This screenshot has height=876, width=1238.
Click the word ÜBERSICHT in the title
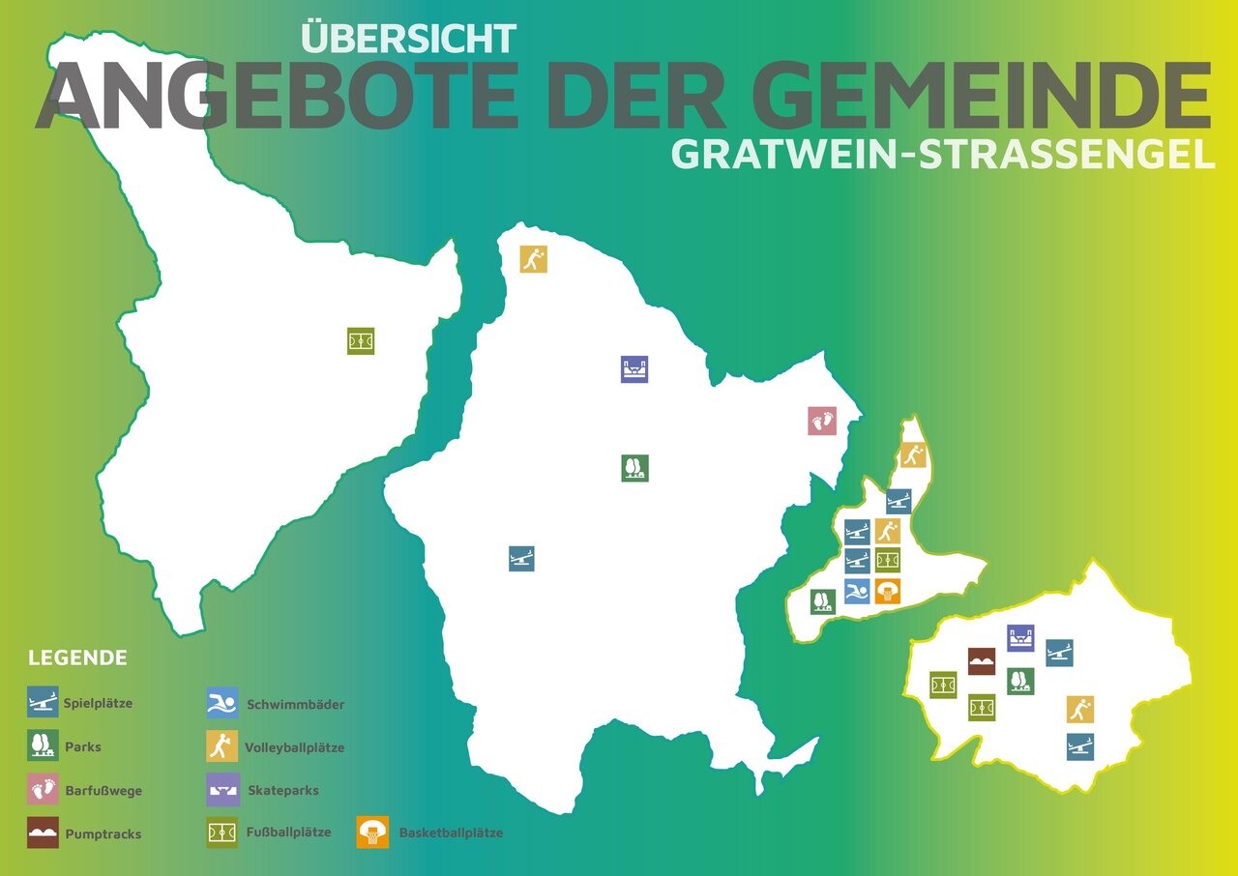click(x=408, y=39)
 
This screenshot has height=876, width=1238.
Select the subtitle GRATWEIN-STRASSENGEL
click(x=943, y=156)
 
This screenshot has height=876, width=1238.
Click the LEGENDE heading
click(x=77, y=658)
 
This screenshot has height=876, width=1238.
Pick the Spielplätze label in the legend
click(x=98, y=703)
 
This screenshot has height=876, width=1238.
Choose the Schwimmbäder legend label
click(x=295, y=704)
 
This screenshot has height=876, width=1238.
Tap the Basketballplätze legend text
click(x=451, y=832)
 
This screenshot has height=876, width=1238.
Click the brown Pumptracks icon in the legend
click(x=43, y=832)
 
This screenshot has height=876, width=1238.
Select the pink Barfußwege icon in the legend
click(x=43, y=790)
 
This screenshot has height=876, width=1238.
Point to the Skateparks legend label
click(x=282, y=790)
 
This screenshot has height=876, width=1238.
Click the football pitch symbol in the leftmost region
click(x=361, y=341)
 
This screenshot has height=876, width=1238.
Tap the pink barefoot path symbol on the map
click(x=821, y=421)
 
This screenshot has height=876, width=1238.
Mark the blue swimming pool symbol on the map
click(x=857, y=592)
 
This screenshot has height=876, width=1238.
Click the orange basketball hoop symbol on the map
click(x=887, y=592)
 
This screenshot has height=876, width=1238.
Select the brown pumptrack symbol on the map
click(x=982, y=661)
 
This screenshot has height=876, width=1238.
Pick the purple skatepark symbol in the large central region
click(x=634, y=369)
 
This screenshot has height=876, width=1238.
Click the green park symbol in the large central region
click(x=634, y=468)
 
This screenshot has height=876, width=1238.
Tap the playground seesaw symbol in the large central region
click(x=521, y=558)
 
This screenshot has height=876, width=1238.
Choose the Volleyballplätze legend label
click(x=294, y=747)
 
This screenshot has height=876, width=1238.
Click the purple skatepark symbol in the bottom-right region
click(x=1020, y=638)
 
